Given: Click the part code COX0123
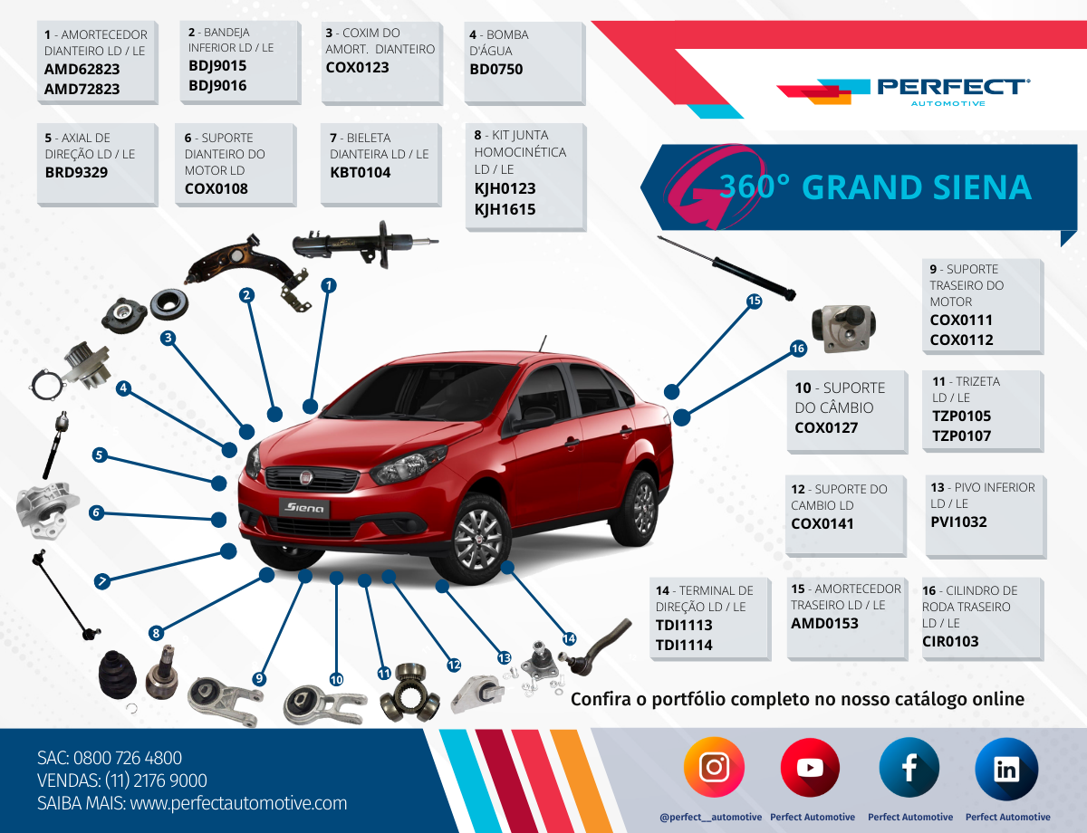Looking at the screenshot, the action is click(x=357, y=68).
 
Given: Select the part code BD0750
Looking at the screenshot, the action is click(x=495, y=69).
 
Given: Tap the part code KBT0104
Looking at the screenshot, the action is click(x=361, y=173).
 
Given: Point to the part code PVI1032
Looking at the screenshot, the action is click(x=958, y=522).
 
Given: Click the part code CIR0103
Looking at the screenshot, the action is click(x=950, y=641).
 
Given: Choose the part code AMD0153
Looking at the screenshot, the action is click(x=824, y=624).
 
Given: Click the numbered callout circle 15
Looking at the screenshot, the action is click(x=754, y=301).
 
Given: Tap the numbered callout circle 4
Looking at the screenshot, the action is click(x=123, y=388).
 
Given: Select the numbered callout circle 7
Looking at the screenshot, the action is click(x=102, y=581).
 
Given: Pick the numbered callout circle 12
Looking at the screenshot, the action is click(x=454, y=665).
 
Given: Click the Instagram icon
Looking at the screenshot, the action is click(x=714, y=767).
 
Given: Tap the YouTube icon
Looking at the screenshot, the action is click(x=810, y=768).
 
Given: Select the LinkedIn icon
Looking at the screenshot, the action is click(x=1006, y=769).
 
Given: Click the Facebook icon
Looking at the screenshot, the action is click(x=909, y=768).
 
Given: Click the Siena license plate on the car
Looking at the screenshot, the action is click(x=304, y=509).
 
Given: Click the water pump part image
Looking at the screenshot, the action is click(x=72, y=371).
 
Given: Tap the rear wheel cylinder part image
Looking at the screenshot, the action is click(x=843, y=328).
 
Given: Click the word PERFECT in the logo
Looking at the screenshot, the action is click(x=953, y=87).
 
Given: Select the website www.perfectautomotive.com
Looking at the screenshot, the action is click(x=238, y=803).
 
